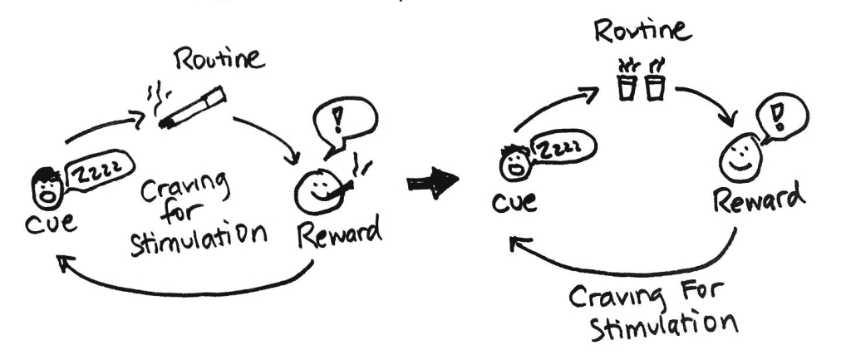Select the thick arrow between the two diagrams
click(x=433, y=181)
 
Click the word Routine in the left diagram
click(x=220, y=61)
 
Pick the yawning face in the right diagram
click(x=512, y=163)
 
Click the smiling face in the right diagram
click(x=736, y=159)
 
